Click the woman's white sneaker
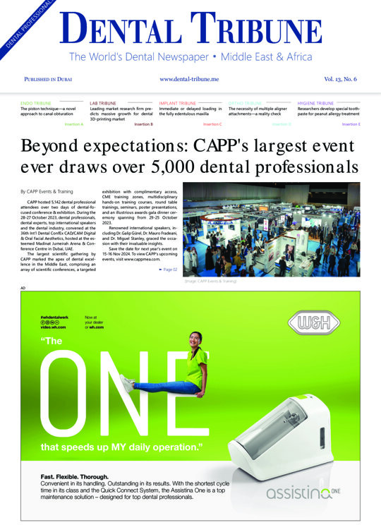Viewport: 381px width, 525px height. (128, 385)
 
